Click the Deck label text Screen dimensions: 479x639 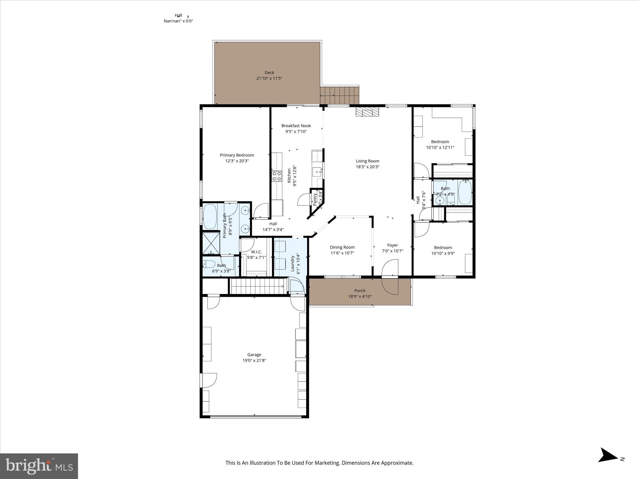tap(269, 73)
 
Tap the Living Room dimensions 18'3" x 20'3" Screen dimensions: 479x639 tap(368, 167)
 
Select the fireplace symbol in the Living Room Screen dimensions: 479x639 tap(367, 112)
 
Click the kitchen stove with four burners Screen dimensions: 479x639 tap(276, 176)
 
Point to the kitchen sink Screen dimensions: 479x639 tap(317, 172)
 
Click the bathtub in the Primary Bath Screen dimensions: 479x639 tap(210, 216)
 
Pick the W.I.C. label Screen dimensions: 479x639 tap(256, 252)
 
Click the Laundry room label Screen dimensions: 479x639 tap(293, 264)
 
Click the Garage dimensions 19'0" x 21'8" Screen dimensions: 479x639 tap(254, 360)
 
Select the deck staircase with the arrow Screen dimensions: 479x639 tap(339, 95)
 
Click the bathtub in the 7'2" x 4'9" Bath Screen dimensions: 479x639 tap(465, 192)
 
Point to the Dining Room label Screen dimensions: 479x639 tap(342, 247)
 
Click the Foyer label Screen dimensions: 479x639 tap(393, 245)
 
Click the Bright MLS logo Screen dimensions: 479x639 tap(39, 466)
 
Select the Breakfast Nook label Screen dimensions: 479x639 tap(296, 126)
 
